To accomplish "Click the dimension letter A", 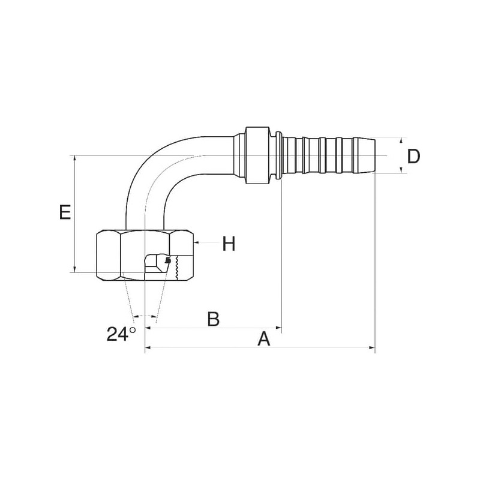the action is pos(264,338).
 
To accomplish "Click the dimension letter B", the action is pos(214,319).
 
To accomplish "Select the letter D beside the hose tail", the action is pos(413,156).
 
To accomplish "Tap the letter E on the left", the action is pos(65,212).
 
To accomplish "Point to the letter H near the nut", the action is pos(229,244).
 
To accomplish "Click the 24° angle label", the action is pos(121,334).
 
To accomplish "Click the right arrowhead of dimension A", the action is pos(372,348).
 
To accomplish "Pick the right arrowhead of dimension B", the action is pos(278,328).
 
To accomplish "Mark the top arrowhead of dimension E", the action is pos(74,159).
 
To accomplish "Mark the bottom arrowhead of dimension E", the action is pos(74,269).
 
